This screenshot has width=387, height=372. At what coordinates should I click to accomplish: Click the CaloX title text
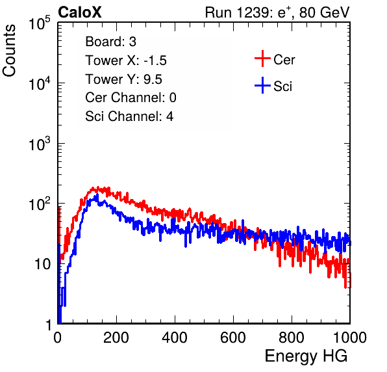pos(79,12)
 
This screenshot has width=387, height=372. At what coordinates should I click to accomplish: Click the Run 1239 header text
pos(277,12)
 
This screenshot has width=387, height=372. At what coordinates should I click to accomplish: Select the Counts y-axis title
pos(9,51)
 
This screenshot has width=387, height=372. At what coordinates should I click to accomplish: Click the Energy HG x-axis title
pos(306,356)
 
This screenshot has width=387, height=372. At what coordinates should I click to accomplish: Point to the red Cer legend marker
pos(262,59)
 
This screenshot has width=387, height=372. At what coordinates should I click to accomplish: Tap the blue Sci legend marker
pos(262,85)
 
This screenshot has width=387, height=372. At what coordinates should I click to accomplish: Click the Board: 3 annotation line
pos(110,42)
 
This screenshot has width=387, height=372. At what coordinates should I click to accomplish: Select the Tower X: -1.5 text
pos(126,60)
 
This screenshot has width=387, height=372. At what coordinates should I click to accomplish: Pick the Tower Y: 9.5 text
pos(123,79)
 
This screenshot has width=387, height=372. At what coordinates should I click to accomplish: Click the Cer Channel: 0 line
pos(131,98)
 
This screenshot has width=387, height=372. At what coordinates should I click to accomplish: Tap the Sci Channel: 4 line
pos(129,116)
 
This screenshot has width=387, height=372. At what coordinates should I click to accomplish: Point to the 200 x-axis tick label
pos(116,338)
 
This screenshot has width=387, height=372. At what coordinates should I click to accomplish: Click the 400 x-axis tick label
pos(175,338)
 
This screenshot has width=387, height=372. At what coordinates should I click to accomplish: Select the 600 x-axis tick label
pos(233,338)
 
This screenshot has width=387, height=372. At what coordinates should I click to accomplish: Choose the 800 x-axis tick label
pos(292,338)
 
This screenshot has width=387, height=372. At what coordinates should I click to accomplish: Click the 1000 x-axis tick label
pos(350,338)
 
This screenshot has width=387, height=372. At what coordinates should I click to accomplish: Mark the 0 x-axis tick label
pos(58,338)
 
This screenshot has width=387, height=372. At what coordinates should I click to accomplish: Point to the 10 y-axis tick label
pos(43,264)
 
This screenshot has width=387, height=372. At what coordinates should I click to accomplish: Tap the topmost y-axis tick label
pos(40,23)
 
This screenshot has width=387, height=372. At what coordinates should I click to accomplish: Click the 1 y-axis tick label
pos(48,325)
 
